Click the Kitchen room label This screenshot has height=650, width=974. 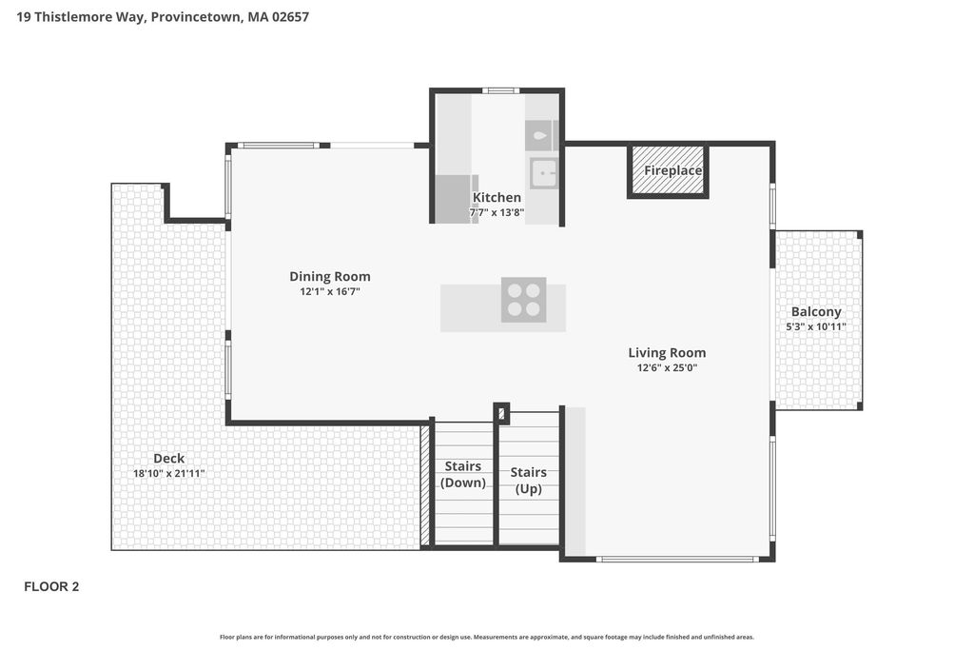pyautogui.click(x=497, y=197)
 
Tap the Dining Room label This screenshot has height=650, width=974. pyautogui.click(x=330, y=277)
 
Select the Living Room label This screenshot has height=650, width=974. pyautogui.click(x=667, y=353)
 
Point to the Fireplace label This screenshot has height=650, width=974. pyautogui.click(x=672, y=170)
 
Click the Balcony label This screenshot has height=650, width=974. pyautogui.click(x=816, y=312)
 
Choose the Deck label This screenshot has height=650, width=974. pyautogui.click(x=169, y=459)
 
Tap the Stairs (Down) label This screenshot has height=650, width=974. pyautogui.click(x=463, y=474)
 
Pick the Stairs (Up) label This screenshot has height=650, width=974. pyautogui.click(x=529, y=481)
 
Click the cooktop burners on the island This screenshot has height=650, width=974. pyautogui.click(x=524, y=300)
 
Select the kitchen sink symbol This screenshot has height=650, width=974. pyautogui.click(x=544, y=173)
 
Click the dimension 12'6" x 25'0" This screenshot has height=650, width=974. pyautogui.click(x=667, y=368)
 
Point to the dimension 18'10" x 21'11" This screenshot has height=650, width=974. pyautogui.click(x=169, y=474)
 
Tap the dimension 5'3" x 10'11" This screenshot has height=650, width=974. pyautogui.click(x=816, y=326)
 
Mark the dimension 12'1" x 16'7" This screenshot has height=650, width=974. pyautogui.click(x=330, y=291)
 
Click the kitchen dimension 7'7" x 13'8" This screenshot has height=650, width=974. pyautogui.click(x=497, y=212)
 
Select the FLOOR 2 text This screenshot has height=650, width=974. pyautogui.click(x=51, y=586)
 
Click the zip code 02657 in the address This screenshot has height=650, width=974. pyautogui.click(x=290, y=17)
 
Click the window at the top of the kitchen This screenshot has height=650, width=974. pyautogui.click(x=500, y=90)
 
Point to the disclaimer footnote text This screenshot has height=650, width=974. pyautogui.click(x=487, y=637)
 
